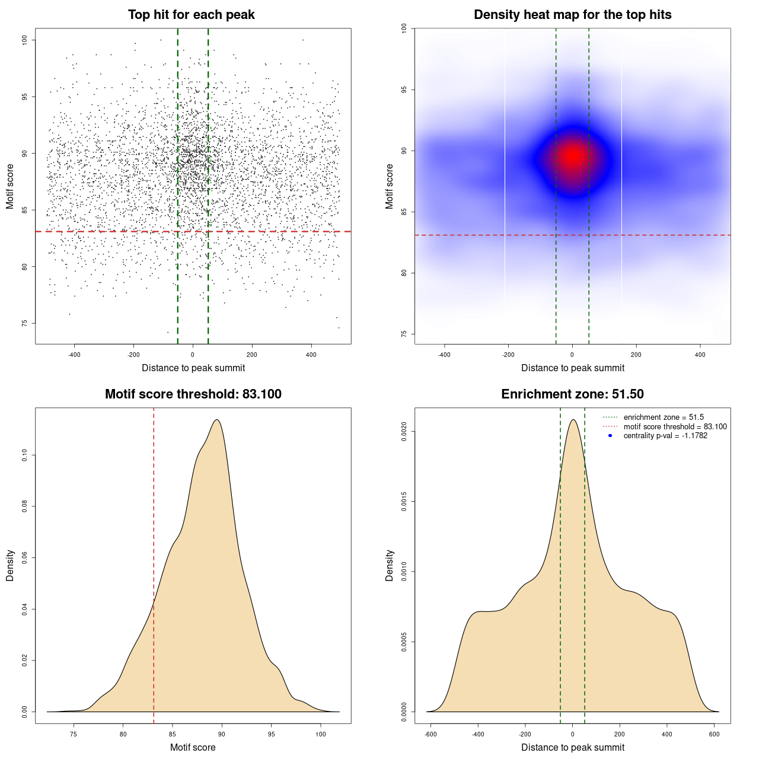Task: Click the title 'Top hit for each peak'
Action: point(192,15)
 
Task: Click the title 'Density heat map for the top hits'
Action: point(572,15)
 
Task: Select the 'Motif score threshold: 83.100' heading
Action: point(193,394)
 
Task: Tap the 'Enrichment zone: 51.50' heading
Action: point(572,394)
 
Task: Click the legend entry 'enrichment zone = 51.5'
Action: point(664,417)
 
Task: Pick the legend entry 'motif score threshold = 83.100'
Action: point(675,426)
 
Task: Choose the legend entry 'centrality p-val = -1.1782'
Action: point(665,436)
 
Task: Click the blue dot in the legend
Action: point(610,436)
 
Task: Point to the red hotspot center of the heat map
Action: point(573,157)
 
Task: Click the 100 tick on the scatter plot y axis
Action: point(24,40)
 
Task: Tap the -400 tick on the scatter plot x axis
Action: point(74,355)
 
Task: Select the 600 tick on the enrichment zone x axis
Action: point(714,734)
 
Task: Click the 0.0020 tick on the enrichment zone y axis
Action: point(404,431)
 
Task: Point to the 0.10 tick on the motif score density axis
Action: point(24,455)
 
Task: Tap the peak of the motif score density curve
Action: point(218,420)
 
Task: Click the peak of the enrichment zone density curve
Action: point(573,420)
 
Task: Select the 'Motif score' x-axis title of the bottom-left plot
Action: point(193,747)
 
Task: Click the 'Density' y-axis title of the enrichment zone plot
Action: point(390,565)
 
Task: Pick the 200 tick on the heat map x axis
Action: point(636,355)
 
